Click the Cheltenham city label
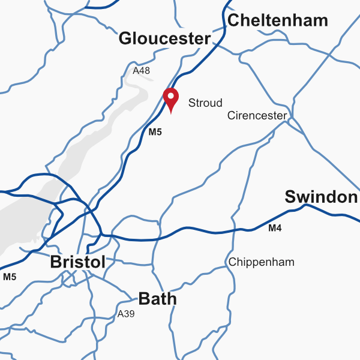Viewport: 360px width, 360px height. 278,20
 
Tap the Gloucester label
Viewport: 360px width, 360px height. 165,39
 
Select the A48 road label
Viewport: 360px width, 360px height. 141,71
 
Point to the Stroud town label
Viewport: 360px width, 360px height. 205,103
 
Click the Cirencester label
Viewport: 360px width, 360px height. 257,116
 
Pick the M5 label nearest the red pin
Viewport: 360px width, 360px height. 155,133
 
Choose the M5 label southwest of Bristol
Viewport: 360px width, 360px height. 10,277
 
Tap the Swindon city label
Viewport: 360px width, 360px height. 321,197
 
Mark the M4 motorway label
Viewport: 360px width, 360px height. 275,228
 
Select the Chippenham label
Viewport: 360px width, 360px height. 262,262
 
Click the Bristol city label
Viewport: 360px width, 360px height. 78,262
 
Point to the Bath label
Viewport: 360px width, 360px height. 157,298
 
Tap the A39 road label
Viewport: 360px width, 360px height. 126,314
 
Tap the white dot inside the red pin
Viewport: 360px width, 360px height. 171,95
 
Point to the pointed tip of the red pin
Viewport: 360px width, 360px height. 171,113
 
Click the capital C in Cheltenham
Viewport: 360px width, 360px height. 235,21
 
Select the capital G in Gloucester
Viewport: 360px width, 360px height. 125,39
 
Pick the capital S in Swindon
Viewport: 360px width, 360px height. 290,197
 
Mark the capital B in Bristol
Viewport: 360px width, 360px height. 56,262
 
